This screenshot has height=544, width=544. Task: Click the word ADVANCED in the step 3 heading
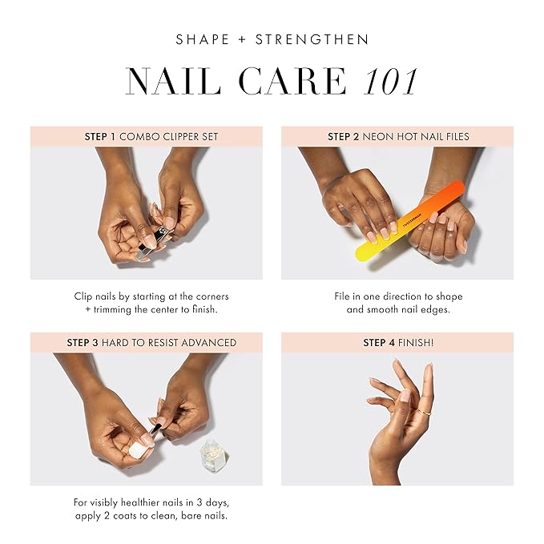pos(208,342)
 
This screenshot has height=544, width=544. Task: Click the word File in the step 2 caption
pos(344,296)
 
